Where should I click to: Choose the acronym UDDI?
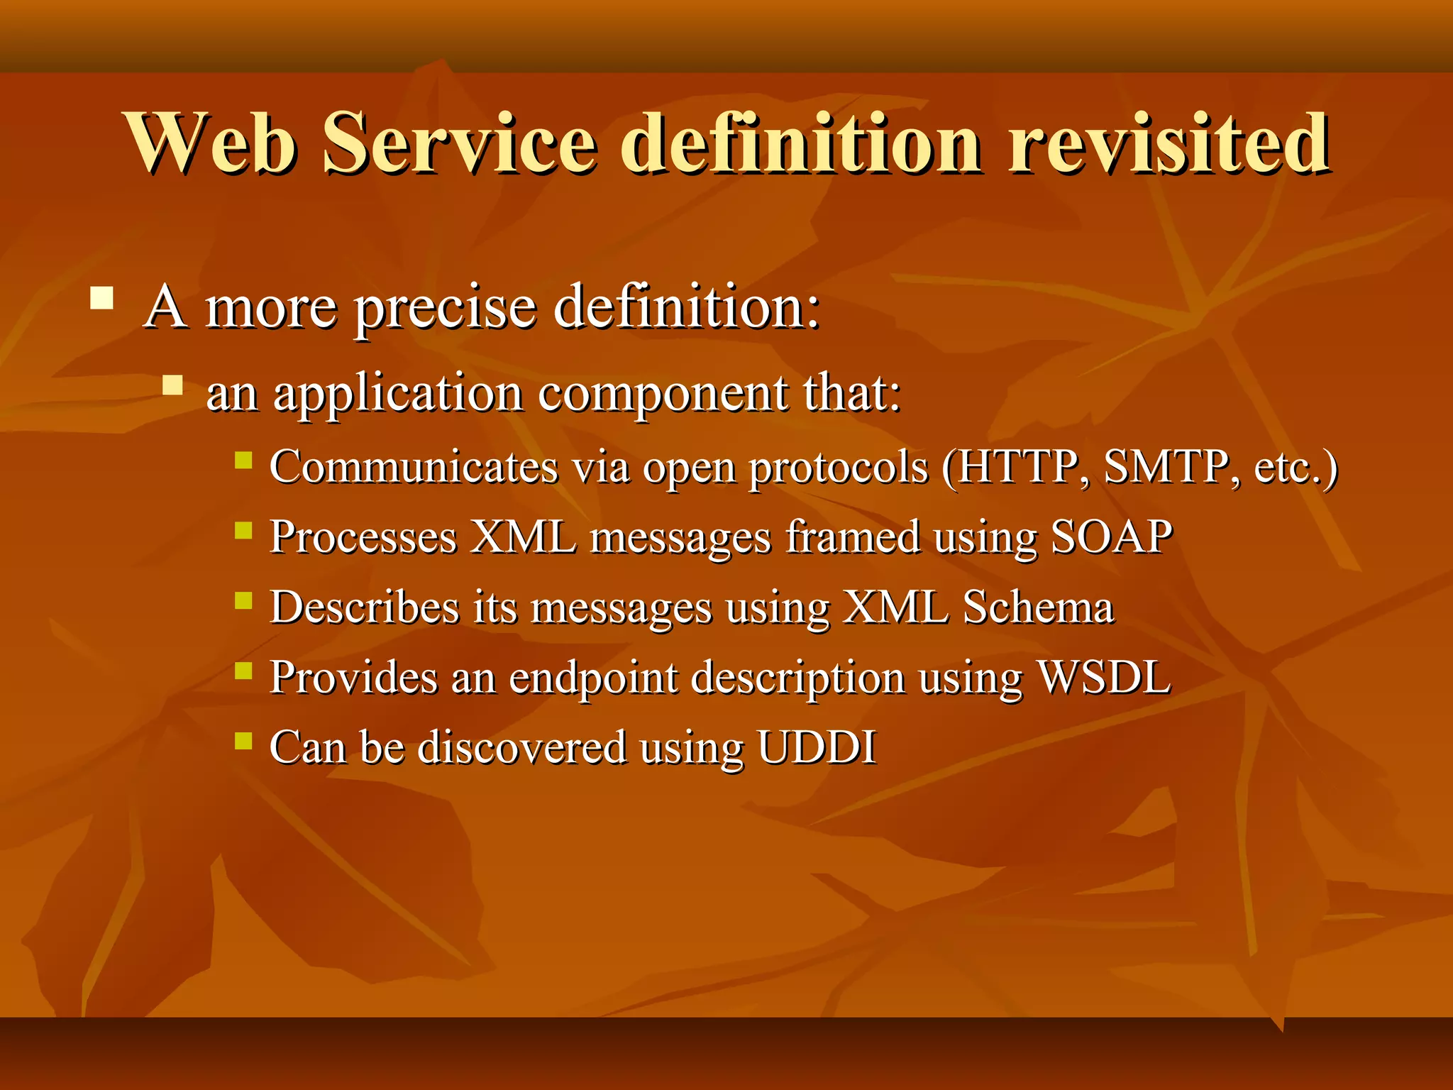click(817, 747)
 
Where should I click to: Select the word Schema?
click(1038, 607)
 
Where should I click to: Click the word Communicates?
click(414, 468)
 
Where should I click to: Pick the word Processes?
click(363, 537)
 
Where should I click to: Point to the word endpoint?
click(593, 678)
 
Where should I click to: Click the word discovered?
click(522, 747)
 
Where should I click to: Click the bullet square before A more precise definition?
click(102, 297)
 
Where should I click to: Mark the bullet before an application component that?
click(172, 385)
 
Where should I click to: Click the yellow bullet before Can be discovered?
click(243, 741)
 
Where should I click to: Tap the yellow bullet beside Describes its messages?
click(243, 601)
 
